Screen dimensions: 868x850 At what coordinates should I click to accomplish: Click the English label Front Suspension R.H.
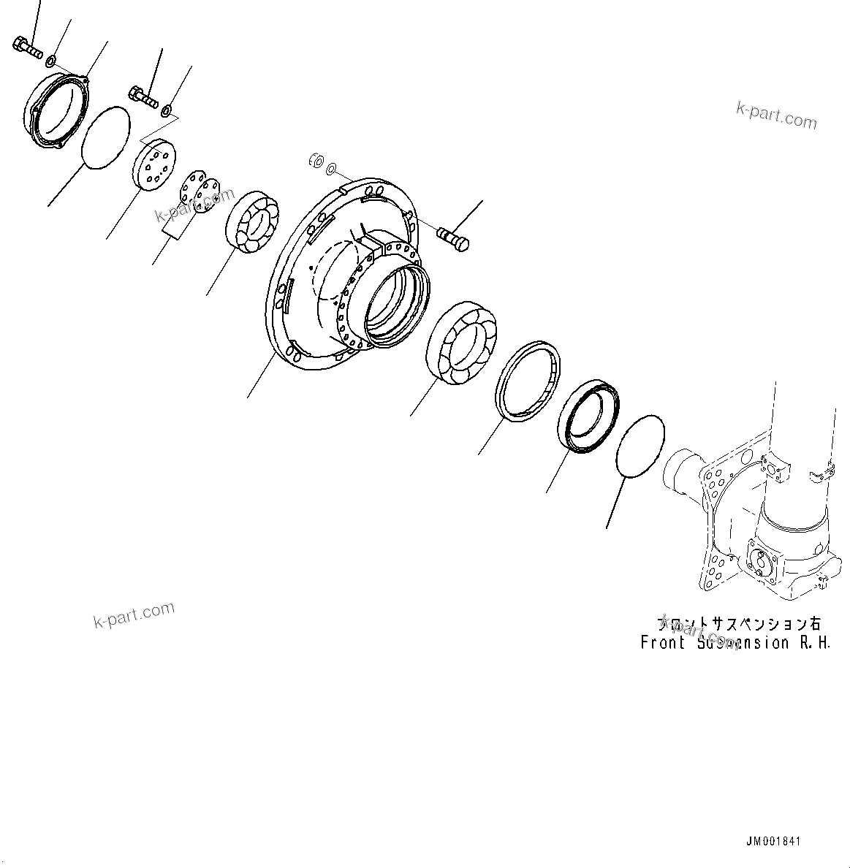click(x=735, y=644)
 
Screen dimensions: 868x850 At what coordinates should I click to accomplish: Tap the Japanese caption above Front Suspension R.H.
click(x=739, y=624)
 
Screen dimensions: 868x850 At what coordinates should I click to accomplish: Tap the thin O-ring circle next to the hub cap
click(x=105, y=137)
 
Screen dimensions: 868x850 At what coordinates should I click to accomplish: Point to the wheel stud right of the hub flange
click(x=453, y=239)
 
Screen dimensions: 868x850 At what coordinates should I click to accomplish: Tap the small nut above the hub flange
click(x=316, y=160)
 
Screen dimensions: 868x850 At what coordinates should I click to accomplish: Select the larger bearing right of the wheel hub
click(x=460, y=342)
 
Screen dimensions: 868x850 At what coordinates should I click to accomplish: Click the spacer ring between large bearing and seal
click(x=527, y=381)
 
